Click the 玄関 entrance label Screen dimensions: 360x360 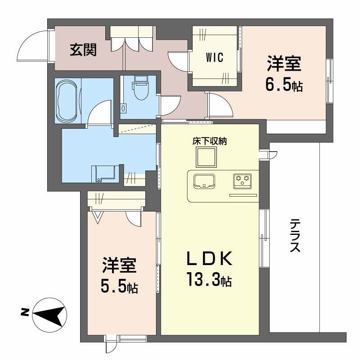[x=83, y=50]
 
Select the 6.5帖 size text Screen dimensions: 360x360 [x=283, y=85]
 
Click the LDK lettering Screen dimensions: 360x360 [x=209, y=260]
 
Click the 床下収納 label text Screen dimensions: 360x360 [x=209, y=141]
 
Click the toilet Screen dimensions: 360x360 [x=140, y=90]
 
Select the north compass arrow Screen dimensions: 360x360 [x=49, y=313]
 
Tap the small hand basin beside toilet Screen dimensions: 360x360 [x=124, y=108]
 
